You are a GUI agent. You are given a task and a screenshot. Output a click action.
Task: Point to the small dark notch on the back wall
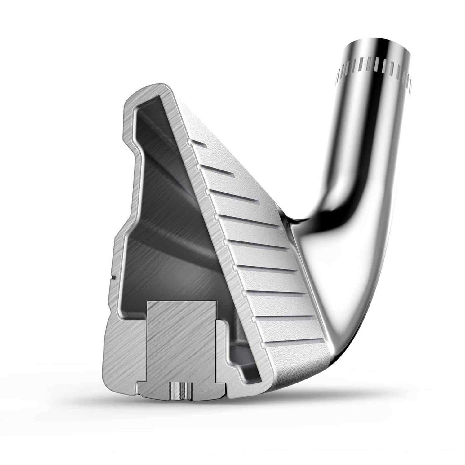113,275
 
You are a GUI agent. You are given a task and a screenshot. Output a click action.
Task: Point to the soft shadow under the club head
248,403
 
